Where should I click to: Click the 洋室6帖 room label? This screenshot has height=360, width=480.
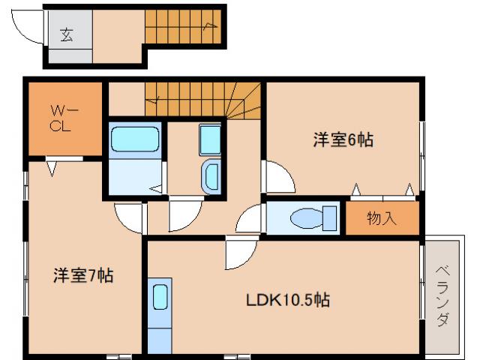(x=343, y=139)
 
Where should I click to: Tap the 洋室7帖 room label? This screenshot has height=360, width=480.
(x=82, y=275)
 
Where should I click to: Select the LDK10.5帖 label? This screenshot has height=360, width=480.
(x=288, y=300)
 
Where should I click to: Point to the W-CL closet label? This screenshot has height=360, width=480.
(x=61, y=118)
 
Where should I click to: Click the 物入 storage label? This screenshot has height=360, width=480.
(x=381, y=219)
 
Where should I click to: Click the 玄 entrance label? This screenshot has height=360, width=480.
(x=67, y=34)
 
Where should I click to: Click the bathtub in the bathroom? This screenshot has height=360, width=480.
(x=135, y=139)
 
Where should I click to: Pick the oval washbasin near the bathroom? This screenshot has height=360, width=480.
(x=211, y=176)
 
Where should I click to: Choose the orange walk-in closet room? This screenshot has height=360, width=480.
(x=64, y=118)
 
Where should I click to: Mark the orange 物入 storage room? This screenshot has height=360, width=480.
(x=381, y=219)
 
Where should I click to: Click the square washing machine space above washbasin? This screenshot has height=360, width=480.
(x=210, y=139)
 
